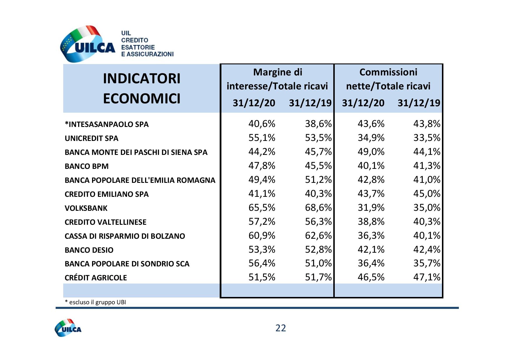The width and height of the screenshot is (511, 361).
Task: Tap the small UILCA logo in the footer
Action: tap(68, 328)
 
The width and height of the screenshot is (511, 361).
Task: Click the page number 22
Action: tap(281, 328)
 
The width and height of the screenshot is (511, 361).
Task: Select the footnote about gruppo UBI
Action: tap(95, 302)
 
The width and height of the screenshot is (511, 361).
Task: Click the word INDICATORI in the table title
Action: tap(142, 79)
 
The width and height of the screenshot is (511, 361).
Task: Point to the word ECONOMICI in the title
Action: tap(142, 99)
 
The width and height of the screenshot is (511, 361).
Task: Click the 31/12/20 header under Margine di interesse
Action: tap(254, 103)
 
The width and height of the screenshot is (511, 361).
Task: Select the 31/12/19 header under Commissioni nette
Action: tap(419, 103)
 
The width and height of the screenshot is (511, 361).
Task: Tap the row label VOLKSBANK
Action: tap(86, 208)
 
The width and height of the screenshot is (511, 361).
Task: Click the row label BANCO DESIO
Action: tap(89, 250)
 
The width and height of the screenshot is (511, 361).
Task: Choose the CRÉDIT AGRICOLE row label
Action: tap(96, 278)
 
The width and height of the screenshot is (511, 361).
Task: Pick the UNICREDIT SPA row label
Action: tap(91, 138)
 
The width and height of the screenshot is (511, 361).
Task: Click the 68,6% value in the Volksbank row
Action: tap(318, 208)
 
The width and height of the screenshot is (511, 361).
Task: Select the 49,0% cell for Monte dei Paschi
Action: tap(371, 152)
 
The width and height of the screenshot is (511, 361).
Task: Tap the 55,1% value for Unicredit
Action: tap(262, 138)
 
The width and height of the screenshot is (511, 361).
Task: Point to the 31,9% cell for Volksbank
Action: tap(371, 208)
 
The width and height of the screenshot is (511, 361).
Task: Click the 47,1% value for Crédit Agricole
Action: tap(427, 277)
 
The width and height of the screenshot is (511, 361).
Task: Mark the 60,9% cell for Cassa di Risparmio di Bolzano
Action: tap(262, 236)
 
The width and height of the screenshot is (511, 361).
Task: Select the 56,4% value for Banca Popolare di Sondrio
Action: tap(262, 263)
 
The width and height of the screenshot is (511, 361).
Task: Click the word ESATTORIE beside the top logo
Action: tap(138, 47)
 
